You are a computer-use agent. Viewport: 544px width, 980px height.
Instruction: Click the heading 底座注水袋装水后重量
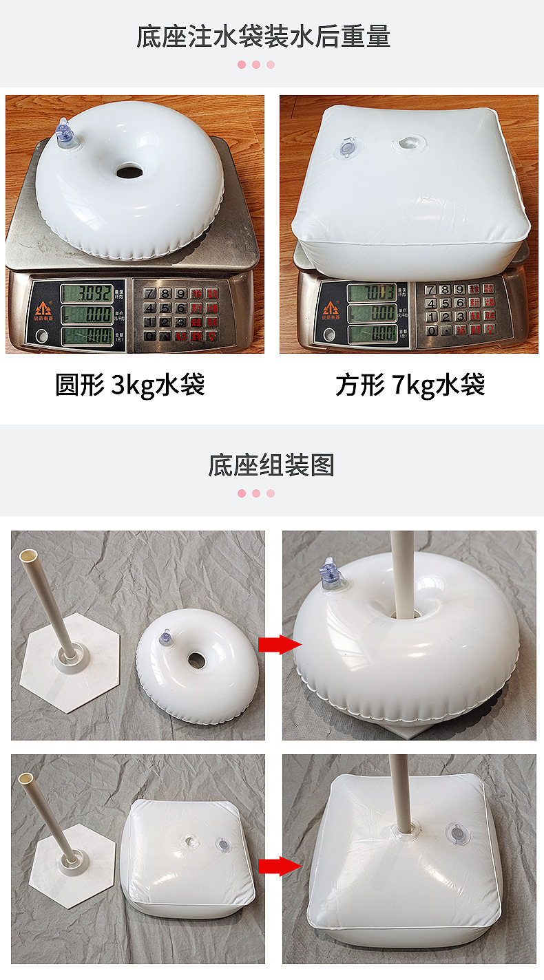263,36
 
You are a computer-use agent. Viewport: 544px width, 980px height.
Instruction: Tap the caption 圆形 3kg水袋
130,385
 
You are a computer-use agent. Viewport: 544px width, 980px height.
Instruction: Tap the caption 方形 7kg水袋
410,385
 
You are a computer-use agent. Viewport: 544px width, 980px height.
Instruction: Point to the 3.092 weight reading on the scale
86,293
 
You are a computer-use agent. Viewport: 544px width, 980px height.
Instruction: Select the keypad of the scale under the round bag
180,313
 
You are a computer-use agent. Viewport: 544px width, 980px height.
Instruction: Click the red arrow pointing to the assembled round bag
279,645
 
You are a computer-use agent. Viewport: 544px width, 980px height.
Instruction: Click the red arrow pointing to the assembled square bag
279,866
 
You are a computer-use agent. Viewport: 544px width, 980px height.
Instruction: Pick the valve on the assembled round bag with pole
332,577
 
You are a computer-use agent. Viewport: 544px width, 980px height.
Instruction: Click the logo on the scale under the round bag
43,309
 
